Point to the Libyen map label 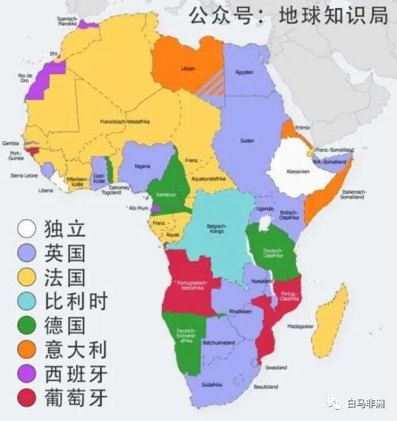(189, 68)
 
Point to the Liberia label (47, 191)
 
